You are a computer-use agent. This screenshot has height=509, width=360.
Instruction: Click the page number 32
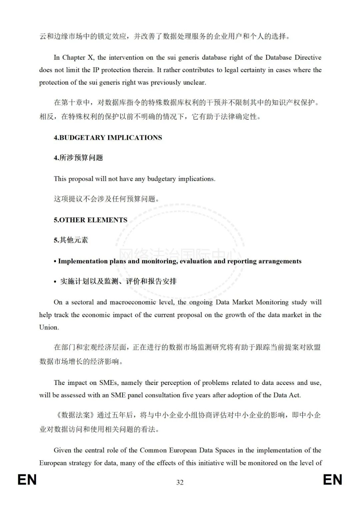(x=180, y=482)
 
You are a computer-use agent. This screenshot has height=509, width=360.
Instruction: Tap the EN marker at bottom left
(x=27, y=480)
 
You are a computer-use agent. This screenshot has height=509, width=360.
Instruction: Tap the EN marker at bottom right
(x=332, y=480)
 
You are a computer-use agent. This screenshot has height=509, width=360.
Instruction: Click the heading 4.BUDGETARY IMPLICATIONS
(x=108, y=138)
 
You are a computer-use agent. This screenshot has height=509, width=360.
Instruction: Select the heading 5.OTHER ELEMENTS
(x=90, y=220)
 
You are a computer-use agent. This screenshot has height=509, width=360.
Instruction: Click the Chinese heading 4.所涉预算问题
(x=78, y=158)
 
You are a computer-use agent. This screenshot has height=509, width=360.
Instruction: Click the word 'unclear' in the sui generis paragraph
(x=195, y=82)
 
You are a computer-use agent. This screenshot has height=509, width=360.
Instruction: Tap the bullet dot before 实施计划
(x=55, y=282)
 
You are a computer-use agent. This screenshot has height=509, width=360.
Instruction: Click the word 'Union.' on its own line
(x=49, y=327)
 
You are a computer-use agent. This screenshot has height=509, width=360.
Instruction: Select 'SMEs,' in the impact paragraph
(x=108, y=383)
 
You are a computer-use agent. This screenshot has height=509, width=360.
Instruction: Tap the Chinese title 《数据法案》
(x=75, y=415)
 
